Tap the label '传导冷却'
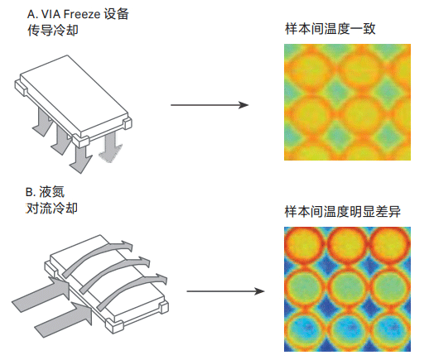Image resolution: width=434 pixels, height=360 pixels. click(x=53, y=30)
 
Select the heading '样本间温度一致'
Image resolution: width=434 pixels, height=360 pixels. click(x=330, y=29)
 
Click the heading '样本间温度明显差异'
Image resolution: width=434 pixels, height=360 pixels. click(x=343, y=212)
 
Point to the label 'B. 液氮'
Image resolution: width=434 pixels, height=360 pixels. click(x=45, y=192)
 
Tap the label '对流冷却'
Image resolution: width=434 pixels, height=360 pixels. click(x=51, y=209)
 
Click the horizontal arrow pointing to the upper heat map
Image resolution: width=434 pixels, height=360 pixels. click(x=210, y=105)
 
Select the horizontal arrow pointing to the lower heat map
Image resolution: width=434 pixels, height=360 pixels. click(x=225, y=291)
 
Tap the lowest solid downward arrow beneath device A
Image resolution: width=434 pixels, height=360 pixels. click(x=81, y=159)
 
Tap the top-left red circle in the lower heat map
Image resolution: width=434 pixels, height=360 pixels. click(x=304, y=246)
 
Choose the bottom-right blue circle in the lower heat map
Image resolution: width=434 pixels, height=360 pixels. click(x=391, y=330)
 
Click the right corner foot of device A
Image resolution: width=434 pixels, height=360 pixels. click(x=128, y=123)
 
